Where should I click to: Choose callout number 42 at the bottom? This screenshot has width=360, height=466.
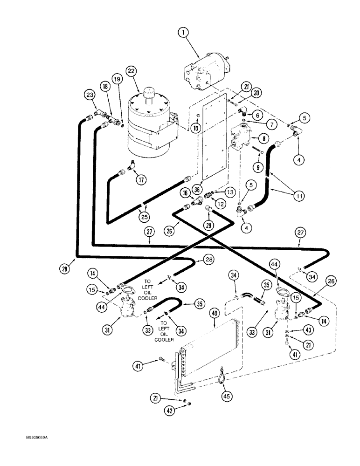pyautogui.click(x=173, y=411)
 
